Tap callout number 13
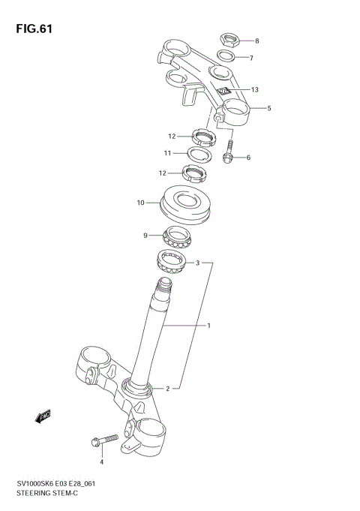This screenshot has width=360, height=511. (x=254, y=90)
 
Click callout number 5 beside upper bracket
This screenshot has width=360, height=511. (x=269, y=108)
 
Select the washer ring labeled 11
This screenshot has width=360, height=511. (x=198, y=155)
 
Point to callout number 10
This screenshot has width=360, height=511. (x=140, y=202)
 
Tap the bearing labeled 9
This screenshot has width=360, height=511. (x=177, y=236)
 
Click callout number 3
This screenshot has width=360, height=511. (x=197, y=263)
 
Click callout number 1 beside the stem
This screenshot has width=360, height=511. (x=209, y=326)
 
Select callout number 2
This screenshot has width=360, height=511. (x=168, y=389)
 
